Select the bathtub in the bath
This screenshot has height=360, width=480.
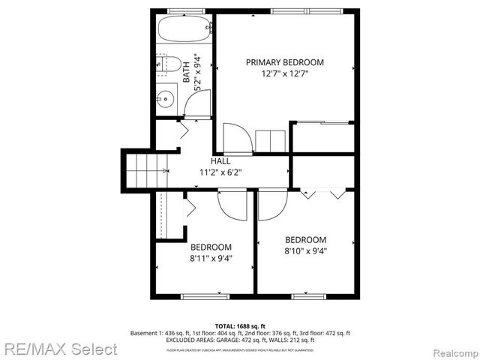tap(182, 31)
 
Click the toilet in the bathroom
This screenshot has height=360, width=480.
tap(169, 65)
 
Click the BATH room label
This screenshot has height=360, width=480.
tap(187, 73)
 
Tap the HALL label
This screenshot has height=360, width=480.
tap(220, 161)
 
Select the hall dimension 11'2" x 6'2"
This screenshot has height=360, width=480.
tap(220, 172)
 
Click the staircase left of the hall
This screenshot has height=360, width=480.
tap(142, 169)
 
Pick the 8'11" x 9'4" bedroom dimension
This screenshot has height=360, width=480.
tap(211, 258)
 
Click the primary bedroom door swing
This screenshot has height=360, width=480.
tap(235, 137)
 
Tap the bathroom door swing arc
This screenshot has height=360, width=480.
tap(196, 106)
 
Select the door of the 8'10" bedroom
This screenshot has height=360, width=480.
tap(272, 205)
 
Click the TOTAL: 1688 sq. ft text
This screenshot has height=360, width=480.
tap(240, 326)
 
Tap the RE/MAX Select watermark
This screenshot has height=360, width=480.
tap(59, 349)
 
